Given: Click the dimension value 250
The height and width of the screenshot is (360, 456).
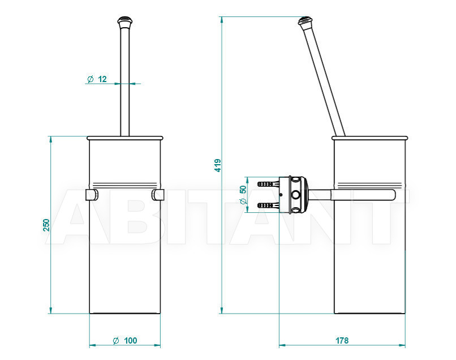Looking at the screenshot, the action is click(46, 225).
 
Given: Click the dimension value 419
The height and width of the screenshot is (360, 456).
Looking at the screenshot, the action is click(217, 165).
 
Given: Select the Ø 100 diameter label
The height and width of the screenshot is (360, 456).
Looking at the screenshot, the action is click(125, 340).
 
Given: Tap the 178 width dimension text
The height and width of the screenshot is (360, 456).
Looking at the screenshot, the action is click(342, 340).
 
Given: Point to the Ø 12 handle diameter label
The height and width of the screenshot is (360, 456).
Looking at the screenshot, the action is click(97, 79).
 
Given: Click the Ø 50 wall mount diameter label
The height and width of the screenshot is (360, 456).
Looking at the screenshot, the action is click(243, 194).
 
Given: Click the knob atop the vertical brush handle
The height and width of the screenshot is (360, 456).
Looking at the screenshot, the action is click(125, 21).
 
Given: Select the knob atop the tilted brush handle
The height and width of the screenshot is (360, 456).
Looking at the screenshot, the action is click(305, 21).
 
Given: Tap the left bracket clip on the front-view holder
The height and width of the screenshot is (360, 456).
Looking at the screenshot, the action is click(92, 195).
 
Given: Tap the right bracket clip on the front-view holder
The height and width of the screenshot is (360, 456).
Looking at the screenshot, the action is click(158, 195).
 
